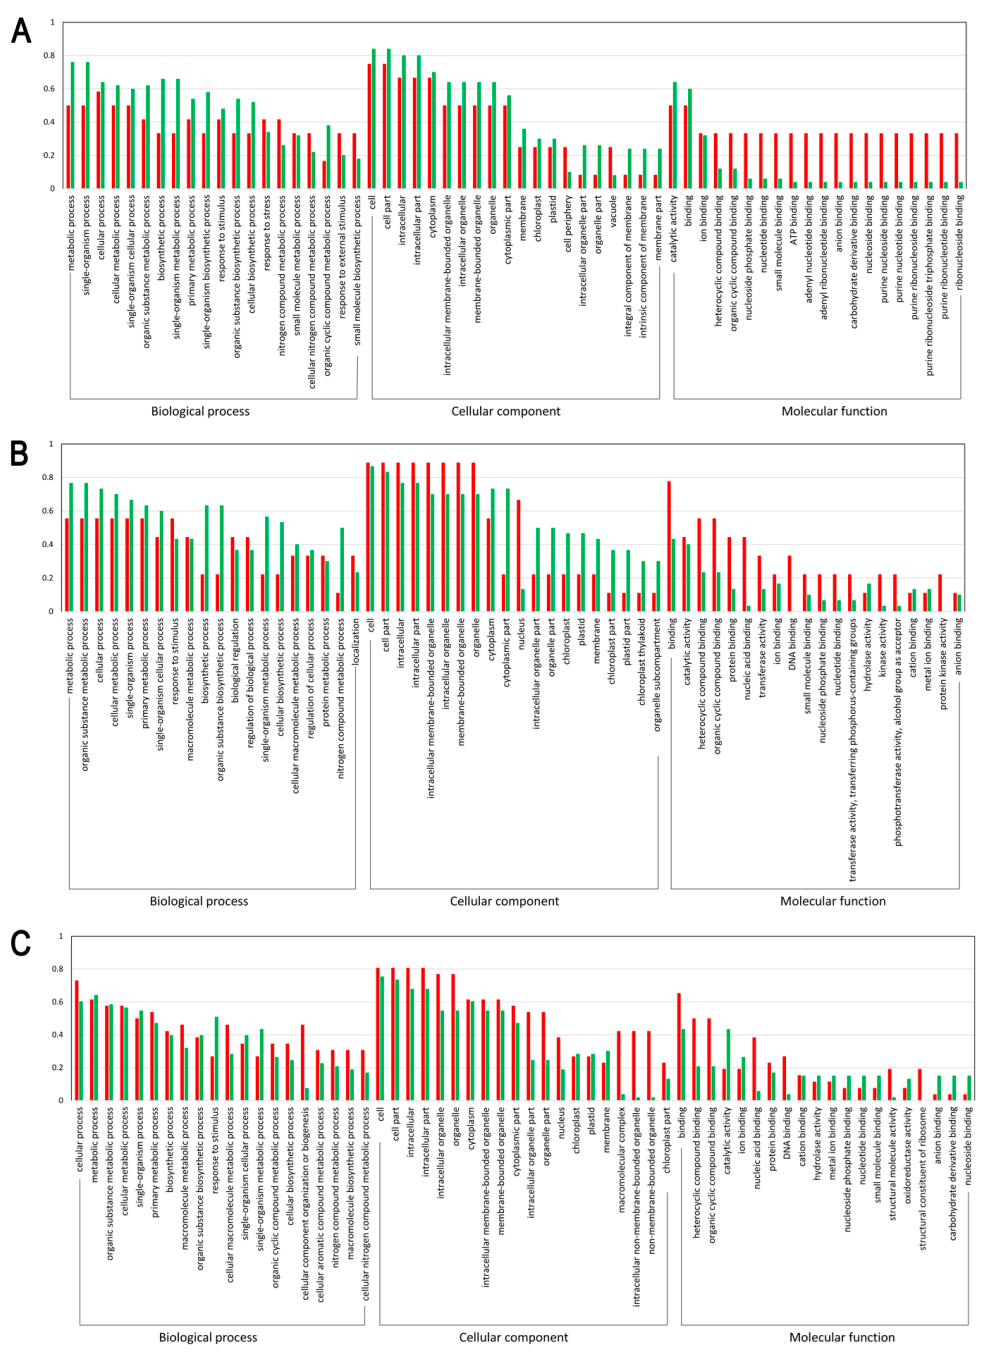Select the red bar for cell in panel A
coord(369,126)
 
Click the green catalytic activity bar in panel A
coord(675,135)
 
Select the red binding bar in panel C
coord(679,1046)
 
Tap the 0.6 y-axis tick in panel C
coord(59,1001)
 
